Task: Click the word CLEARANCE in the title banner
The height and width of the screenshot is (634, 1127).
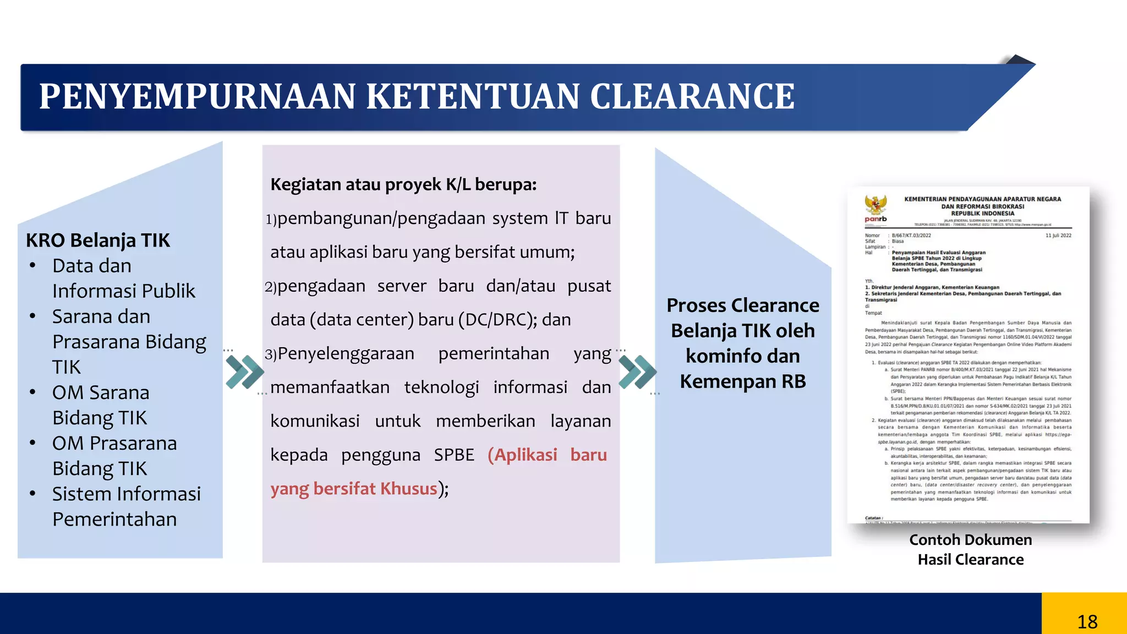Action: pos(692,97)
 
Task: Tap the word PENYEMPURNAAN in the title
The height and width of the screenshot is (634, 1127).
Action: pos(198,97)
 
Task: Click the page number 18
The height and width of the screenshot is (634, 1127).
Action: pos(1087,622)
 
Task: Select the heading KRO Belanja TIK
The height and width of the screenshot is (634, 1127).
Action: pos(98,241)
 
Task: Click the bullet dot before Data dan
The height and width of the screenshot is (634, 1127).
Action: pos(33,266)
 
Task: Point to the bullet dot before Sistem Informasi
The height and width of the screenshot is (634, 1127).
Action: pos(33,494)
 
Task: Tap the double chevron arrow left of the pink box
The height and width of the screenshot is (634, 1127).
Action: pos(244,372)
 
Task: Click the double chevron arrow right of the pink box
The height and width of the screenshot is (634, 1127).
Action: pos(637,372)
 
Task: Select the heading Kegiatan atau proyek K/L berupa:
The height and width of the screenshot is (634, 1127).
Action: pos(403,184)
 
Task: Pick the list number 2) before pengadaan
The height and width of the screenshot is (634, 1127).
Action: pos(270,287)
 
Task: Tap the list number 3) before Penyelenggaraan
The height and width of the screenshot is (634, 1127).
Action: pos(270,354)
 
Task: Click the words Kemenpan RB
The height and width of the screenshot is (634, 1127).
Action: pos(743,381)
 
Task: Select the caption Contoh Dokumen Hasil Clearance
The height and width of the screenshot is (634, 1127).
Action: pos(970,549)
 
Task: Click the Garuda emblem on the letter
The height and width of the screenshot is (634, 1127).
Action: pos(875,205)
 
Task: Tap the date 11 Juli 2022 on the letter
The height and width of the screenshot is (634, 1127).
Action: pos(1058,236)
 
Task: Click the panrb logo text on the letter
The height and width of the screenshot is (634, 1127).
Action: pos(876,219)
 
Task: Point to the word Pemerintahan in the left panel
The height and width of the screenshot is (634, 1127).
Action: pos(114,519)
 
